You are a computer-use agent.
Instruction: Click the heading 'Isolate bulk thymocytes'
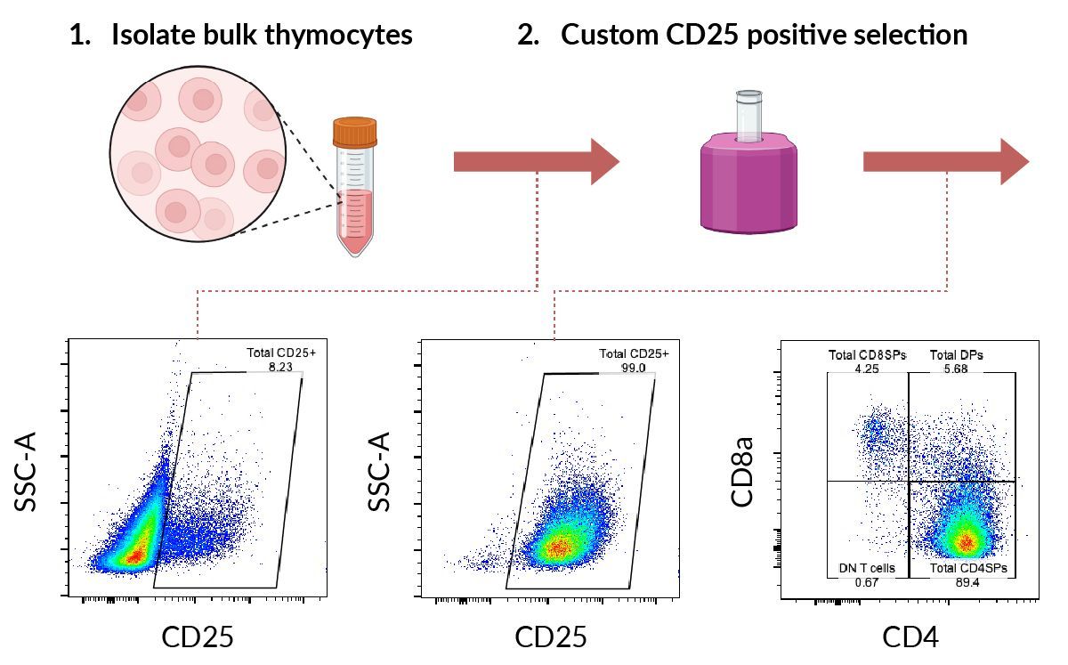[261, 36]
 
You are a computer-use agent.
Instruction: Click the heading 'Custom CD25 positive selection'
[764, 36]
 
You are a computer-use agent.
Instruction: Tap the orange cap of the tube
[355, 133]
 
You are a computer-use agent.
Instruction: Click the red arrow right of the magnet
[945, 162]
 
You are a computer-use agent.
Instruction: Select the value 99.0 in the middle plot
[634, 368]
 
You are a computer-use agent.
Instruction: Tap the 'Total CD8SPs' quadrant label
[867, 354]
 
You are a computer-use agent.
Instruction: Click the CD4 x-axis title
[910, 637]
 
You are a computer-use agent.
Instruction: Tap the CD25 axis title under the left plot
[198, 637]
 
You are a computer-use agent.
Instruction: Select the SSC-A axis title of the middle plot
[382, 473]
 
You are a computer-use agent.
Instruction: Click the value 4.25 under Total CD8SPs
[866, 368]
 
